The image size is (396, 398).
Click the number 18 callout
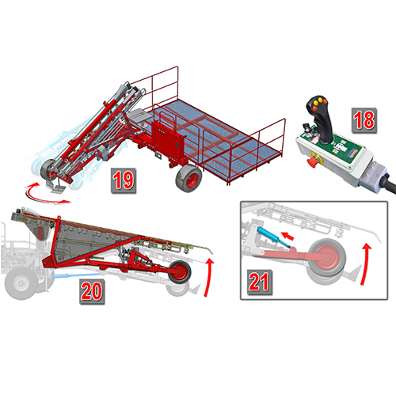pos(364,120)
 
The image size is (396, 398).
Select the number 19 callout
pos(124,180)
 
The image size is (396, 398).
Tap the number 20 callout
pos(92,292)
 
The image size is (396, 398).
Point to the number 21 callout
pos(259,282)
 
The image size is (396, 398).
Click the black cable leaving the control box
pos(389,183)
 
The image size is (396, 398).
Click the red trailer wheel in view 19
pos(189,177)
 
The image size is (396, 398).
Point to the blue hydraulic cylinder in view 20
pos(76,276)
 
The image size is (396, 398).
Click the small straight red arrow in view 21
pos(287,236)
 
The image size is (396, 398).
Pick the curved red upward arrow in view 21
pos(366,263)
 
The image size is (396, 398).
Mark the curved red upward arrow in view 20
pos(209,277)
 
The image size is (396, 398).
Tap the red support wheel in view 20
pos(180,272)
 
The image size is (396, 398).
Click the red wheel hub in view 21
pos(327,256)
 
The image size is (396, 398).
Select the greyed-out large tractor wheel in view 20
pos(21,283)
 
